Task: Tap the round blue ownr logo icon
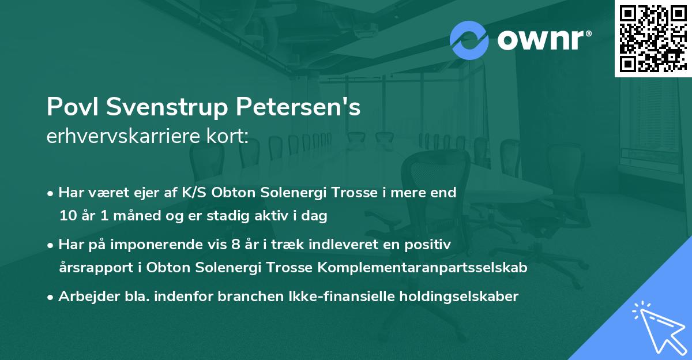tap(469, 40)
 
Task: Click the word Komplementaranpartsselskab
tap(417, 268)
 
